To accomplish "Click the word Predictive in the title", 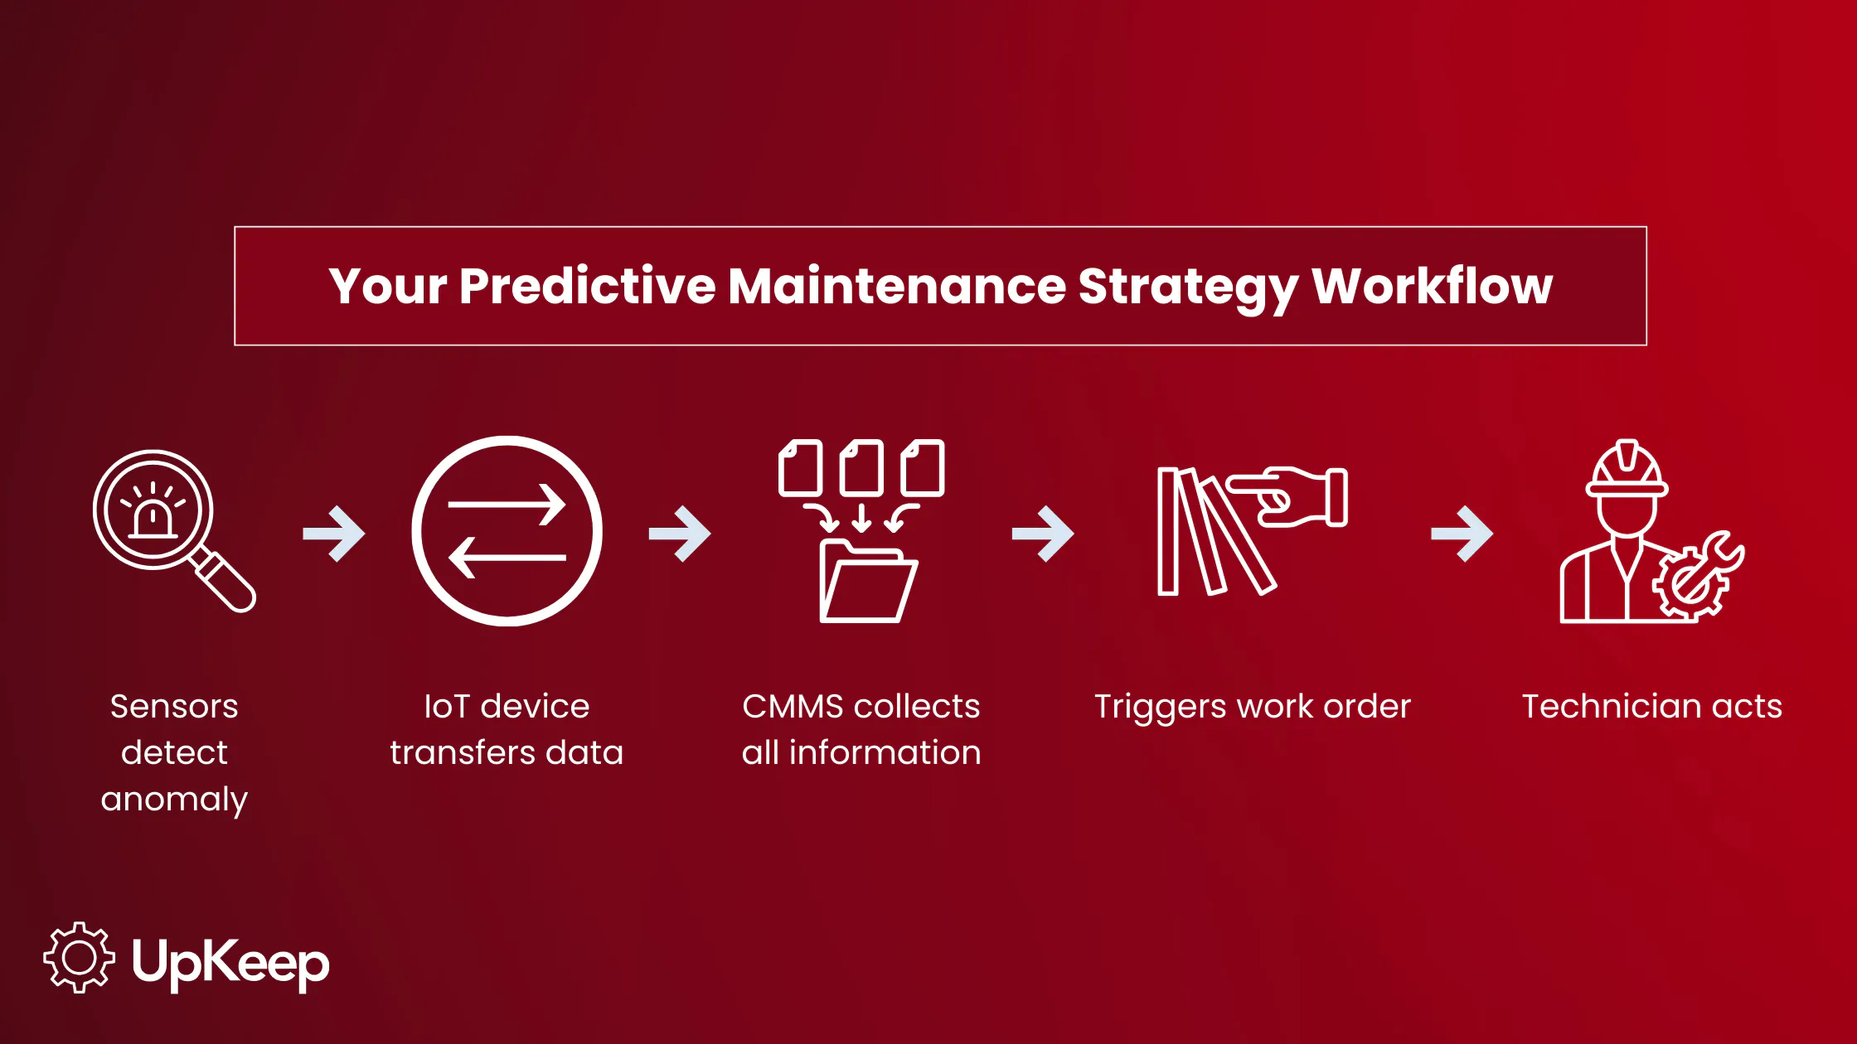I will tap(587, 287).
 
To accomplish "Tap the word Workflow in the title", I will tap(1432, 287).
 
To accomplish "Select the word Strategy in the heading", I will tap(1188, 287).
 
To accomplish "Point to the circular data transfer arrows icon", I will tap(507, 531).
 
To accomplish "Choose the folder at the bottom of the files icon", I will tap(867, 582).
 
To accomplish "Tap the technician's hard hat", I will tap(1627, 469).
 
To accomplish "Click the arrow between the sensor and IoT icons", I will tap(334, 534).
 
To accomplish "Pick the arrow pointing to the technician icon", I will tap(1462, 534).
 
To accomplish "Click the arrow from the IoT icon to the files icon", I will tap(680, 534).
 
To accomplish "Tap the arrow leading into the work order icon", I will tap(1043, 534).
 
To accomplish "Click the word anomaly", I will tap(174, 800).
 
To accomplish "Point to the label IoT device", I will tap(507, 707).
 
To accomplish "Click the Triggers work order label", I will tap(1252, 707).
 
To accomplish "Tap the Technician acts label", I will tap(1651, 707).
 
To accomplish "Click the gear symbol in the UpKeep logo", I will tap(79, 958).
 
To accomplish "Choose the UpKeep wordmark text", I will tap(230, 963).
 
